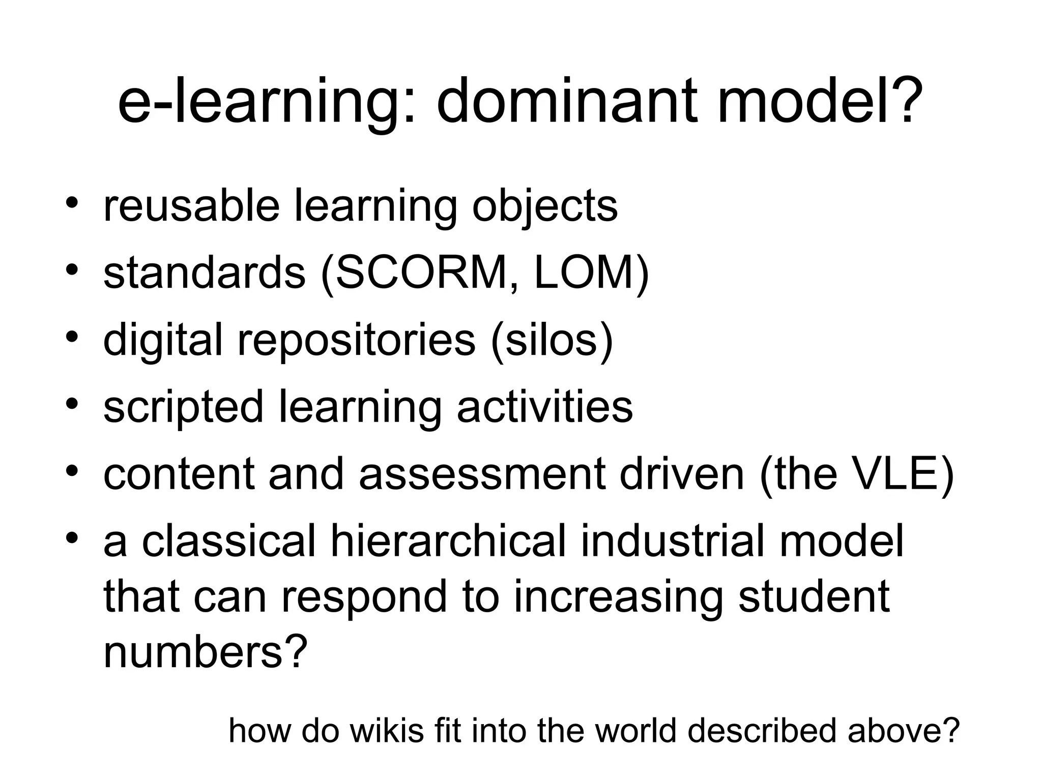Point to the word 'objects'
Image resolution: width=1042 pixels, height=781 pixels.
pos(544,208)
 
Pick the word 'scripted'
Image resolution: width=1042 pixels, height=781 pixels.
pos(183,408)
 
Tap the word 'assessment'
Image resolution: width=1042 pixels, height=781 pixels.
pos(482,474)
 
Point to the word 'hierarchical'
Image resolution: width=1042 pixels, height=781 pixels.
pos(448,540)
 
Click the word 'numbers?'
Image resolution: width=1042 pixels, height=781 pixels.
pos(206,652)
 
